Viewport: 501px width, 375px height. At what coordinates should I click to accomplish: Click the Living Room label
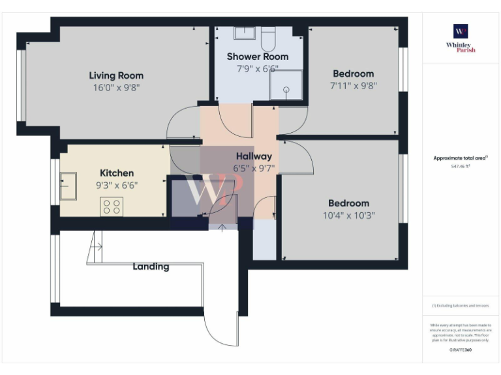click(116, 76)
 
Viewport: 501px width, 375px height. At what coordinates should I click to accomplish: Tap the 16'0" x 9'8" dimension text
click(116, 87)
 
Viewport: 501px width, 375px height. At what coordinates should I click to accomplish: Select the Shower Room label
click(257, 57)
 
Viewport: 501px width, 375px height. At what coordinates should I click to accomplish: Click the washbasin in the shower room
click(245, 33)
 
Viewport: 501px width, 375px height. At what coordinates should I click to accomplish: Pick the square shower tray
click(286, 85)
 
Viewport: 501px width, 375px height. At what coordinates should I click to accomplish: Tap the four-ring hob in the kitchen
click(112, 206)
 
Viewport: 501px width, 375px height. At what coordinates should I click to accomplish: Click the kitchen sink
click(68, 186)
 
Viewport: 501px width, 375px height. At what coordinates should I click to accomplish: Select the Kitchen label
click(117, 173)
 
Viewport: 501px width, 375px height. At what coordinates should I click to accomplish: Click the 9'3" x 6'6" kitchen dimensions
click(117, 185)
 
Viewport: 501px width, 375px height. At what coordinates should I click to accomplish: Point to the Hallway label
click(254, 156)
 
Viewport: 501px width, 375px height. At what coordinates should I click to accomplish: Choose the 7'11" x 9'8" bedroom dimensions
click(354, 85)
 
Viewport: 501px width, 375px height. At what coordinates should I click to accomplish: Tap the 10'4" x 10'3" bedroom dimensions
click(348, 215)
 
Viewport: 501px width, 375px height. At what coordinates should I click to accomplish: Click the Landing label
click(151, 266)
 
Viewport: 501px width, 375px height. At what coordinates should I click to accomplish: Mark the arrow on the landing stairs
click(97, 247)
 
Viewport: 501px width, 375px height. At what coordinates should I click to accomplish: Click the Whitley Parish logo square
click(461, 31)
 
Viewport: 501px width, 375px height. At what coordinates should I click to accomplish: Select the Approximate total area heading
click(460, 158)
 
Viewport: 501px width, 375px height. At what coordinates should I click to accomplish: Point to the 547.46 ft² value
click(461, 167)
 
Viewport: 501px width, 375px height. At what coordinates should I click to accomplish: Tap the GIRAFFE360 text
click(461, 350)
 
